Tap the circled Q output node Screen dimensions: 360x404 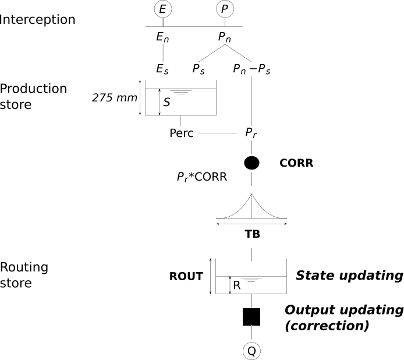point(251,351)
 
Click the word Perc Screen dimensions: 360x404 point(181,133)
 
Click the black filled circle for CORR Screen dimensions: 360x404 point(251,163)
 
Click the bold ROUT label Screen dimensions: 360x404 point(186,277)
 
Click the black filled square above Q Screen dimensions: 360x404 point(251,316)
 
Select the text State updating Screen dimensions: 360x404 point(349,275)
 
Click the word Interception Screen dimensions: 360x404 point(38,19)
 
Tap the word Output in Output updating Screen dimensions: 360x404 point(309,309)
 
